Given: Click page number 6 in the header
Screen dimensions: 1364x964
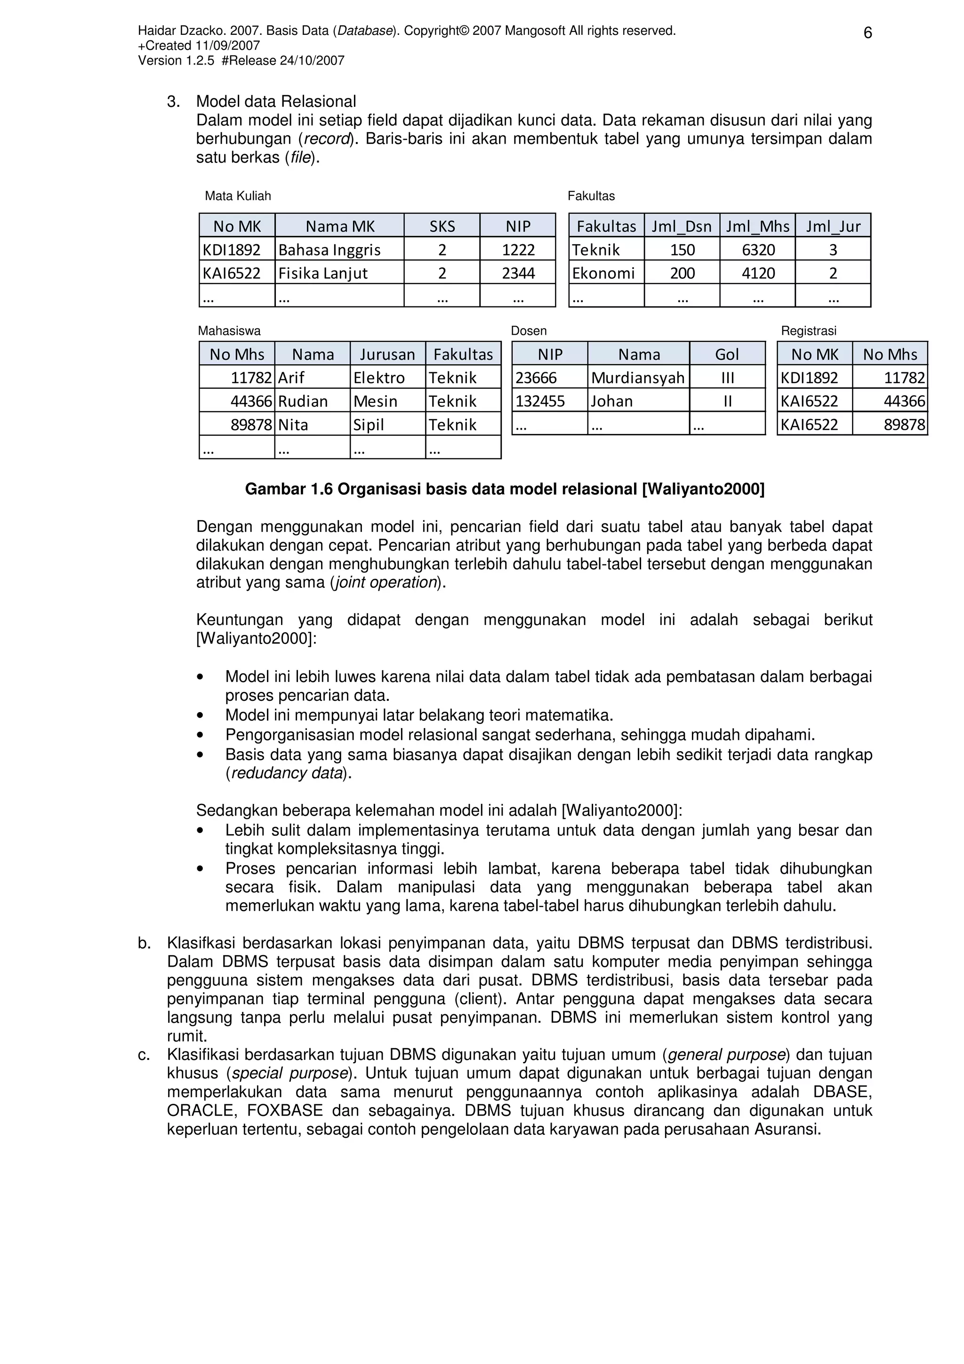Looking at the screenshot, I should click(867, 33).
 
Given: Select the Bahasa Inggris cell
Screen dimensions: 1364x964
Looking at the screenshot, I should click(329, 250).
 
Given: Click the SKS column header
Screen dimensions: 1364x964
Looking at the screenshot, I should click(442, 226).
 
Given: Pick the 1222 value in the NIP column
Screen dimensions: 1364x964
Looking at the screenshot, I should click(518, 250).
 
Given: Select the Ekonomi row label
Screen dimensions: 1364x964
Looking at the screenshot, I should click(603, 273).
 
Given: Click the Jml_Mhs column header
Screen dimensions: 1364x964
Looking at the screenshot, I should click(757, 226).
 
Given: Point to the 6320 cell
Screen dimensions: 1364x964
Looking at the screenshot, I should click(758, 250).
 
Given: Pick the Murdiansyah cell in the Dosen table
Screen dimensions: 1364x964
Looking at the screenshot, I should click(638, 378).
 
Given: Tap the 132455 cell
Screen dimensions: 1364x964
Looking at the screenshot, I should click(540, 401).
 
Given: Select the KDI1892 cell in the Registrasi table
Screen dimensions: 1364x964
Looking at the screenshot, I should click(809, 378).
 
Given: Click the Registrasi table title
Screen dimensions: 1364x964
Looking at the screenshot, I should click(808, 331).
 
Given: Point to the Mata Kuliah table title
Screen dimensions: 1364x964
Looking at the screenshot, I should click(238, 196).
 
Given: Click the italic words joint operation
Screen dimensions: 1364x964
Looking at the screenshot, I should click(386, 582).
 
